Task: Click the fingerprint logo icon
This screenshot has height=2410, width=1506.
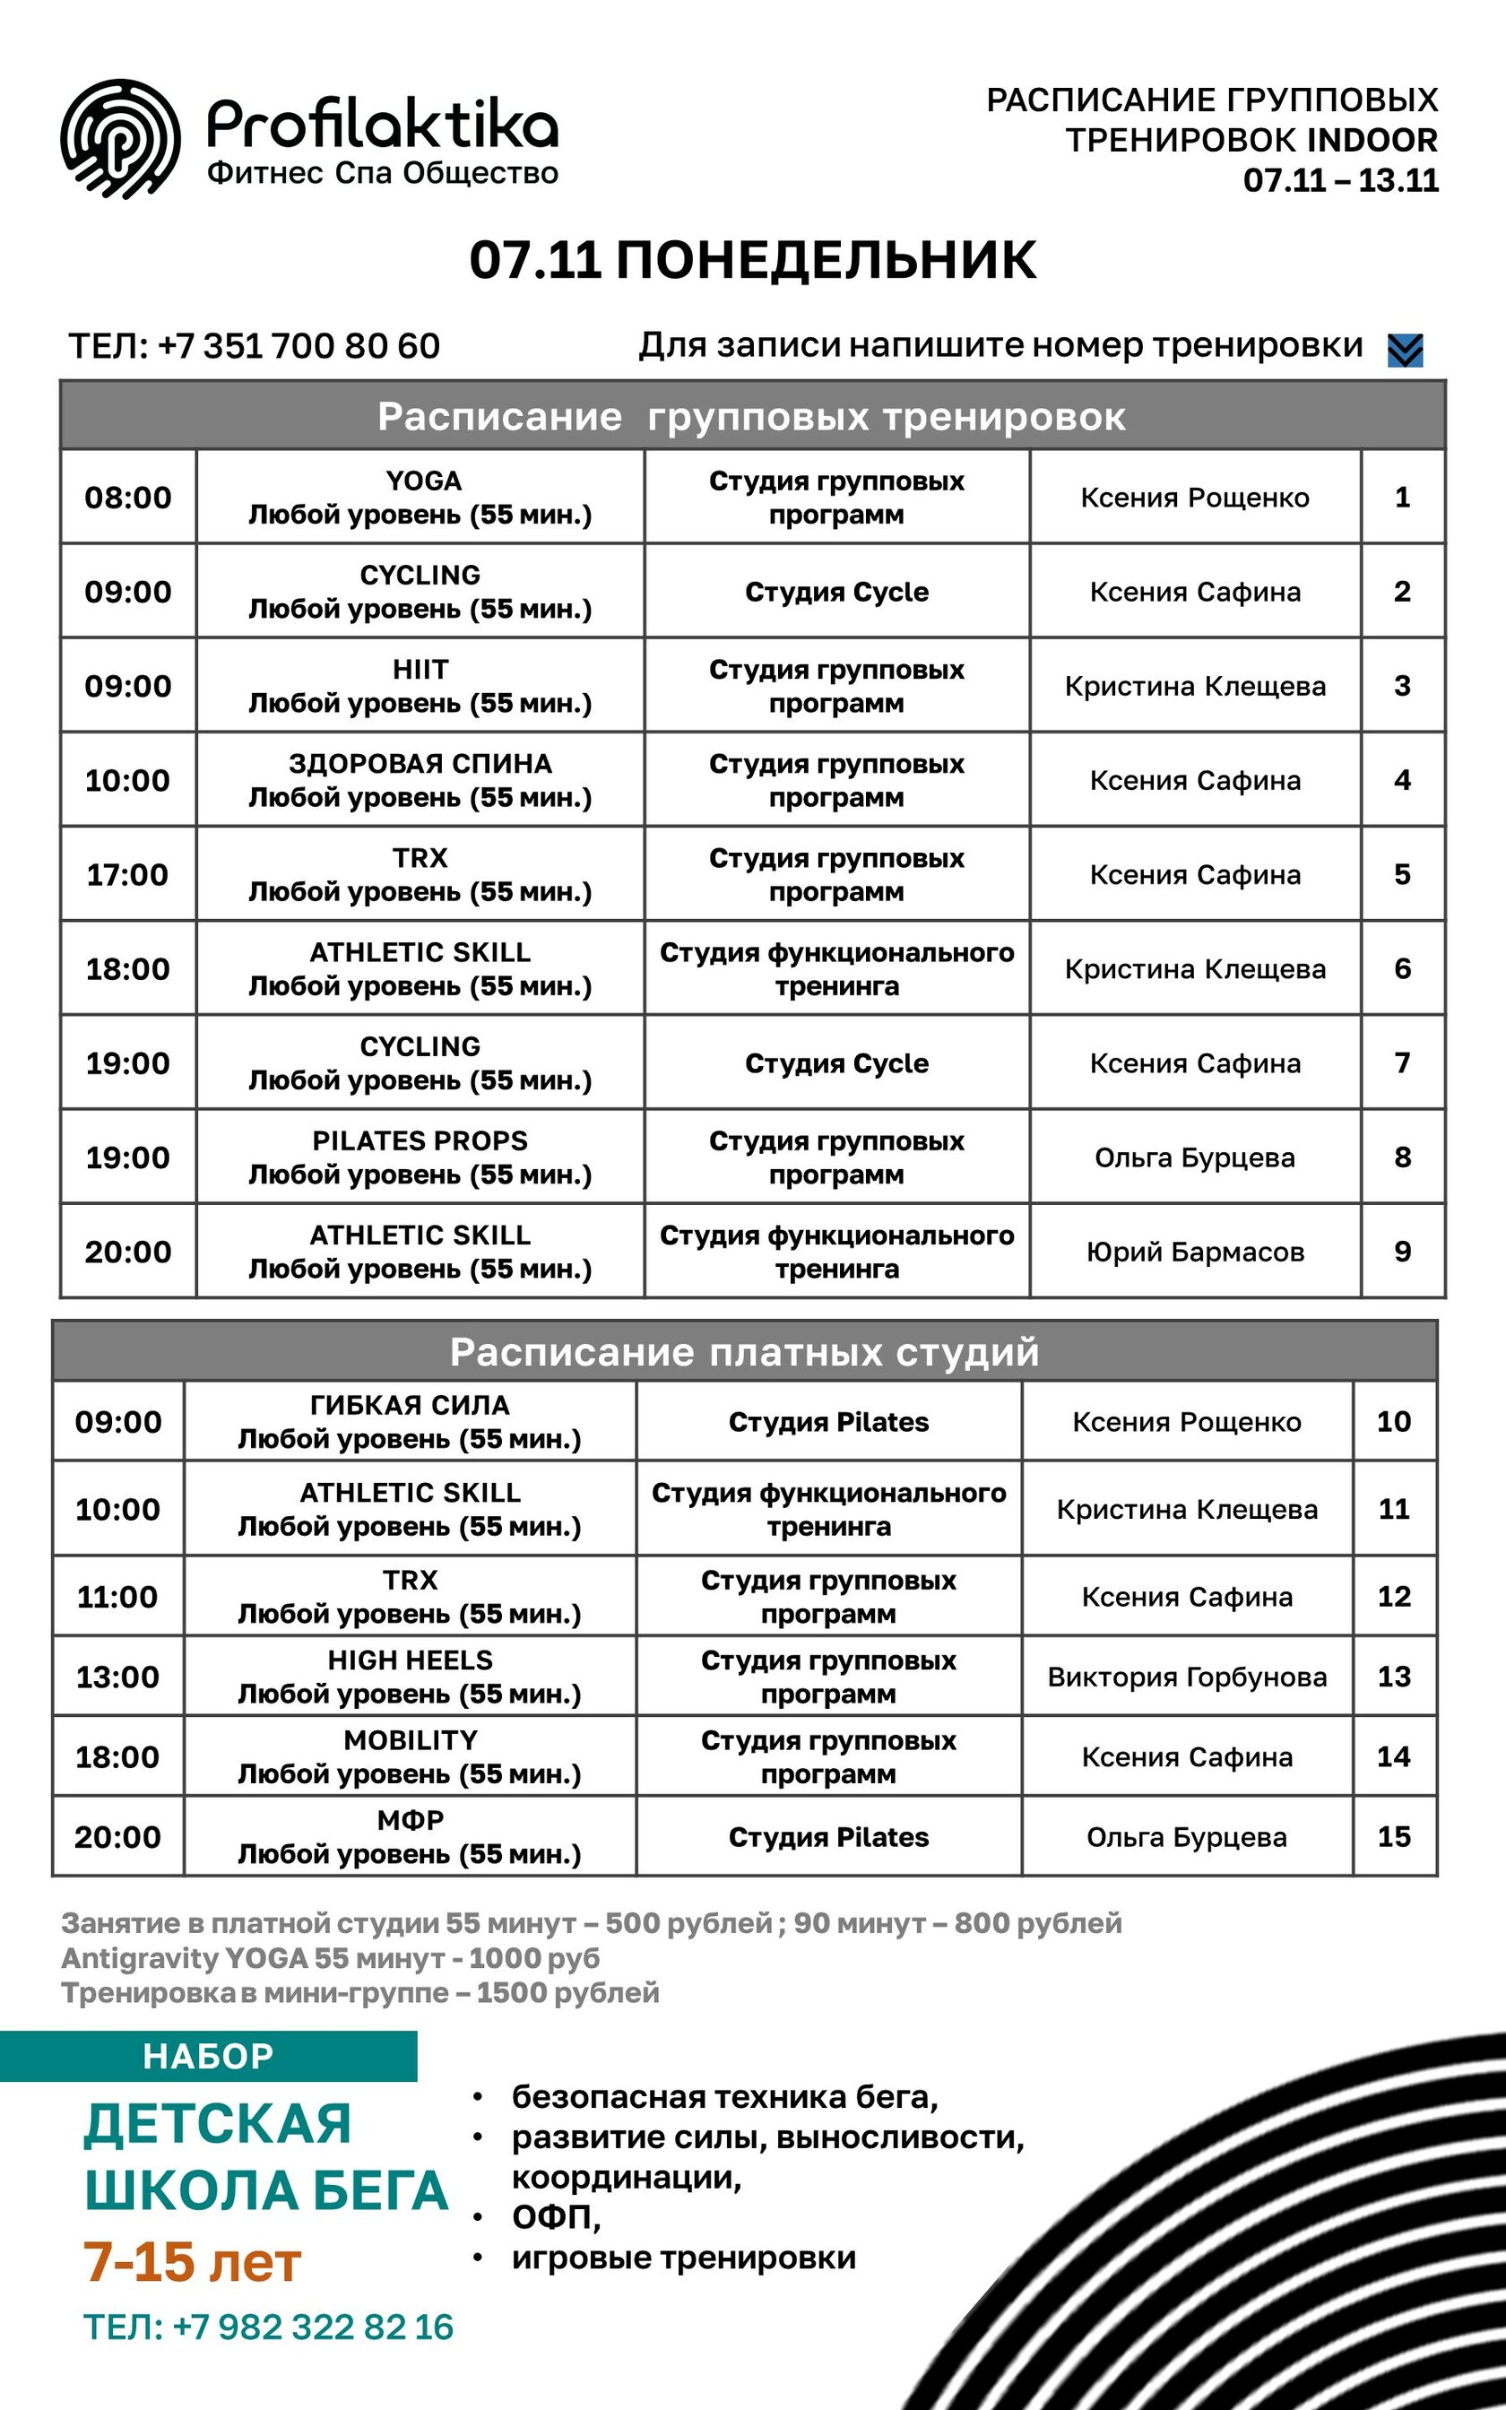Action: coord(120,138)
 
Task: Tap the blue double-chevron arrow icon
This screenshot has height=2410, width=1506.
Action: coord(1405,350)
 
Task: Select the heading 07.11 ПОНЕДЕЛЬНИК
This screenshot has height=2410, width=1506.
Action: coord(752,260)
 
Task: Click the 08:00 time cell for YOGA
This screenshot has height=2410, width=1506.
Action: coord(127,497)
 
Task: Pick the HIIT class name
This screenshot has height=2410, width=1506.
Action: coord(420,669)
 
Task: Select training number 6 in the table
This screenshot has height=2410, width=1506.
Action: coord(1401,968)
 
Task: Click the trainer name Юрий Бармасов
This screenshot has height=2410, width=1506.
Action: coord(1194,1252)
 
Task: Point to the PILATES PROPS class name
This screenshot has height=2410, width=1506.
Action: coord(420,1141)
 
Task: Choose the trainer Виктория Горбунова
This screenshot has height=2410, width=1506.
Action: coord(1186,1677)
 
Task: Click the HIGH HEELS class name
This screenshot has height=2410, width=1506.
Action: coord(411,1660)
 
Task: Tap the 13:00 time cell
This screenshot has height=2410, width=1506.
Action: coord(117,1677)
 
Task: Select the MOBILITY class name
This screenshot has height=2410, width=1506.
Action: coord(411,1739)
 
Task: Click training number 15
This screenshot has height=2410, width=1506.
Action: coord(1393,1836)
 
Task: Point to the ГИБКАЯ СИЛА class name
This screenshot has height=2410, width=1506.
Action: coord(411,1405)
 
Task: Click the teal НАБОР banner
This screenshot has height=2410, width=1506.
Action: coord(208,2056)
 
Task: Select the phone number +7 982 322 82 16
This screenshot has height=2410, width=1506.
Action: coord(268,2327)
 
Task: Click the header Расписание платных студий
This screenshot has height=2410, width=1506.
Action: coord(744,1351)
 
